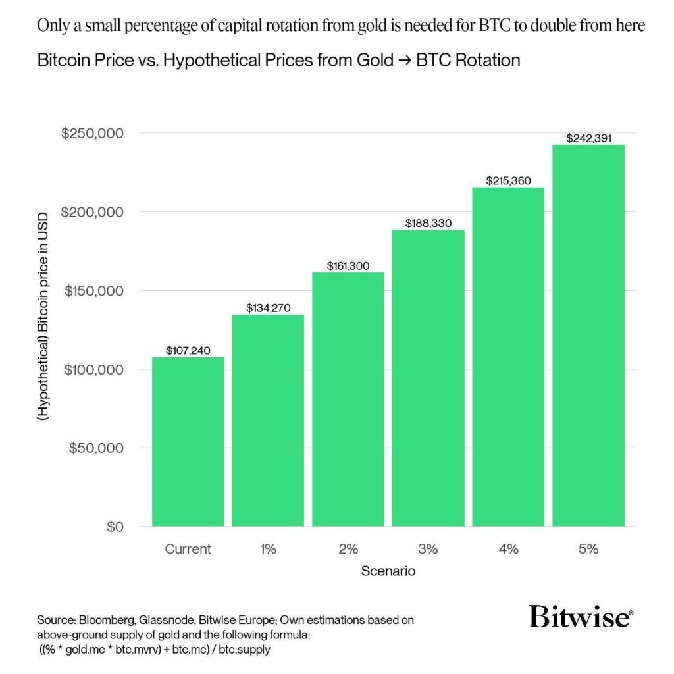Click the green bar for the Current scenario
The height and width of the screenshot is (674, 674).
point(188,442)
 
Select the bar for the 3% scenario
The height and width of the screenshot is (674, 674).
point(428,378)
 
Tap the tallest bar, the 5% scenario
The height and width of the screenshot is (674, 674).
point(588,336)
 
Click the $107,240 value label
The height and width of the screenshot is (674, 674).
point(188,351)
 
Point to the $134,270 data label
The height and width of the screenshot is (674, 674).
point(269,308)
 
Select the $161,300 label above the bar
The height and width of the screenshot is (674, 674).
point(348,266)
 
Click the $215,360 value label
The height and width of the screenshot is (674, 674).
point(508,180)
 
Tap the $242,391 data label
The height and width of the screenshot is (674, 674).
point(588,138)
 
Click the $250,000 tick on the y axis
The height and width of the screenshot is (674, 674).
point(93,134)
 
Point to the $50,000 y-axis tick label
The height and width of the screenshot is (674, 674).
point(97,448)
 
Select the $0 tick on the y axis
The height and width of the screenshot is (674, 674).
point(115,527)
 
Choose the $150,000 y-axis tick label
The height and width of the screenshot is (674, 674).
point(93,291)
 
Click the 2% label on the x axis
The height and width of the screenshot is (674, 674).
point(348,549)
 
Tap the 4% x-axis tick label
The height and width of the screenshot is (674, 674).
point(508,549)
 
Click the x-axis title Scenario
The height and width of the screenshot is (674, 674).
point(388,571)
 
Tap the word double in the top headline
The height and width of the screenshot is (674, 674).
point(531,26)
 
